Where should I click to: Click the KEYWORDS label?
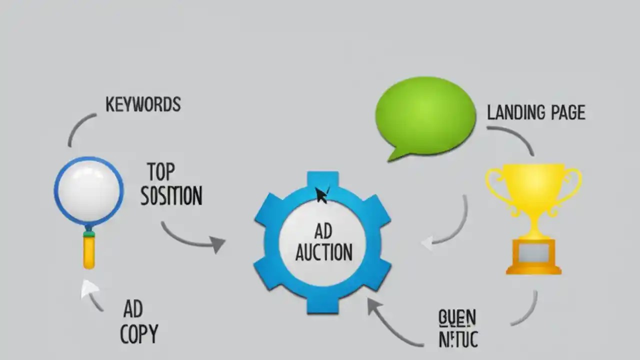143,104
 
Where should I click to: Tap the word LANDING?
515,112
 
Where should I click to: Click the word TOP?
161,172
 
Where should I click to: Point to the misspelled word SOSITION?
171,195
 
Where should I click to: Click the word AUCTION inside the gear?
323,252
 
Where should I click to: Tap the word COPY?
139,333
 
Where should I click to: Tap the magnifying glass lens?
88,191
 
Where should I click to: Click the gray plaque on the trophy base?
533,254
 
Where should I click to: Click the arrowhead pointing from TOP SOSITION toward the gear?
217,244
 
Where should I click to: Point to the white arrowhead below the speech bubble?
427,243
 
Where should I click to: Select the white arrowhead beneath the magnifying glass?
89,288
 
